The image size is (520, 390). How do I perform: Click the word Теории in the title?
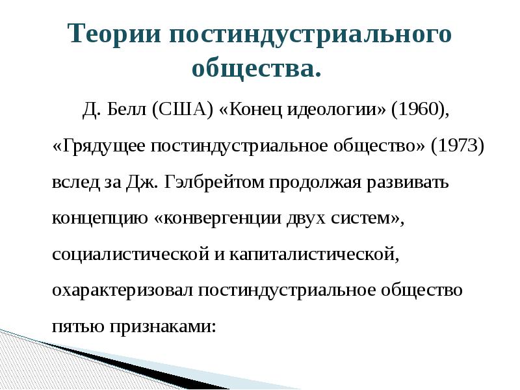tap(115, 34)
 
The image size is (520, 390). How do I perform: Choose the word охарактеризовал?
tap(122, 290)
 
